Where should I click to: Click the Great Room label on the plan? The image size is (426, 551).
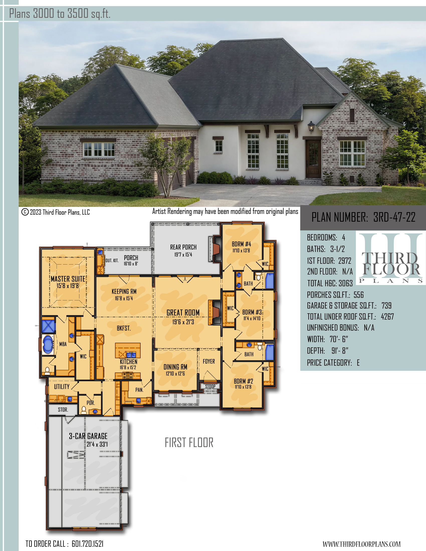(x=183, y=313)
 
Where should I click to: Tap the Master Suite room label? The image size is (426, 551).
(x=68, y=279)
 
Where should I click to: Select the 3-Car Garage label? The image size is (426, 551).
(x=88, y=436)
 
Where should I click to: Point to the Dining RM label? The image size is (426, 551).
(x=175, y=367)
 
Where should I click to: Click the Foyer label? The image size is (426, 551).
(x=209, y=361)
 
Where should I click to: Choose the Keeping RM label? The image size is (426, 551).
(x=124, y=291)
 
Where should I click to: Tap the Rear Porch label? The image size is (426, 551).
(x=183, y=247)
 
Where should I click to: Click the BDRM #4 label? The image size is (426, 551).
(x=242, y=244)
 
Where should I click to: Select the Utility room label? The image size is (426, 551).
(x=62, y=386)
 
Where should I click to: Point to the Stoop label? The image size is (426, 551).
(x=210, y=386)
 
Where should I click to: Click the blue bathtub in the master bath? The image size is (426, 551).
(x=48, y=344)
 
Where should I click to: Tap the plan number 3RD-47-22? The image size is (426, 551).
(x=394, y=217)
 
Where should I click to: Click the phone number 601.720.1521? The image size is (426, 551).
(x=87, y=544)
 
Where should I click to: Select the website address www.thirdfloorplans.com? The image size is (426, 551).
(x=362, y=544)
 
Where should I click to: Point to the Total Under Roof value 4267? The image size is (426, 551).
(x=387, y=316)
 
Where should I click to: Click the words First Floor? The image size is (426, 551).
(x=189, y=443)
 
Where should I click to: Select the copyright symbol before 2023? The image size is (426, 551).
(x=25, y=212)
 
